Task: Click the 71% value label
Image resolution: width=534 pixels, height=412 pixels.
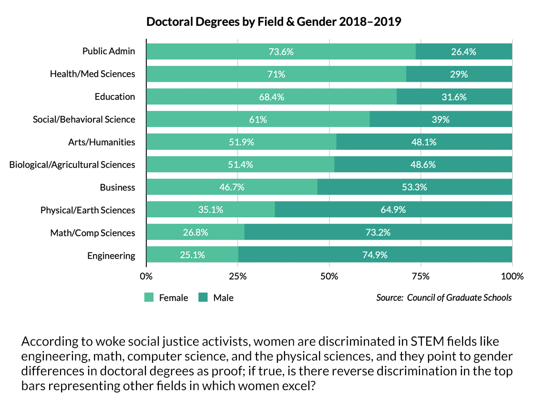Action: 277,74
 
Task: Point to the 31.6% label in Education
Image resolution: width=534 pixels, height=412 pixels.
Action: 454,97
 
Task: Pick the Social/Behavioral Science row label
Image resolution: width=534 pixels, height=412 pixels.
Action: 84,119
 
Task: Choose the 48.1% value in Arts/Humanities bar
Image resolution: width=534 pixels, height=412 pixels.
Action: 424,142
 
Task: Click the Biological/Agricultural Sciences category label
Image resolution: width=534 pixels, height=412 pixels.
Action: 72,165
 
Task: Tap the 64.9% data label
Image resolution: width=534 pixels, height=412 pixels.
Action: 393,210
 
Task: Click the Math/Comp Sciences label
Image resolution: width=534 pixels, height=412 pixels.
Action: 93,233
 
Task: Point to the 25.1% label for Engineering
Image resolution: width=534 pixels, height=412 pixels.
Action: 192,255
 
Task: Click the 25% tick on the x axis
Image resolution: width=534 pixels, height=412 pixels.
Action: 238,276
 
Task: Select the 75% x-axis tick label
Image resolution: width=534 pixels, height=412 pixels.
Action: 421,276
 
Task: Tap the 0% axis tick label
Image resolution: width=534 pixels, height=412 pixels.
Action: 146,276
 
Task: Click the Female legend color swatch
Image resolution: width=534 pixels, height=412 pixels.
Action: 149,298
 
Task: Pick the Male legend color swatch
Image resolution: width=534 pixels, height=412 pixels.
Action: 204,298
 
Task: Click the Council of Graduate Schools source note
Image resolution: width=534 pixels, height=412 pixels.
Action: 444,297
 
